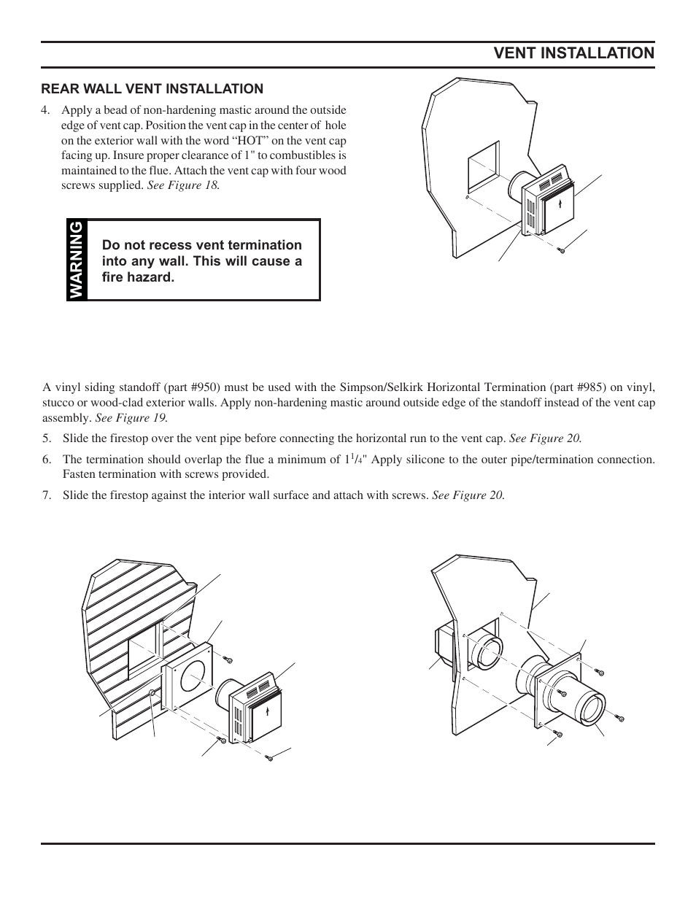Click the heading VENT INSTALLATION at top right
pos(573,53)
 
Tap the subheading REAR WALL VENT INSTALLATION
pos(152,89)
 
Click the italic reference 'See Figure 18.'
pos(183,185)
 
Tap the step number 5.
pos(47,438)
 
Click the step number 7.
pos(47,495)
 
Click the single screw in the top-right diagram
pos(561,251)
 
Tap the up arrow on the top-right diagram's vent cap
pos(560,204)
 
